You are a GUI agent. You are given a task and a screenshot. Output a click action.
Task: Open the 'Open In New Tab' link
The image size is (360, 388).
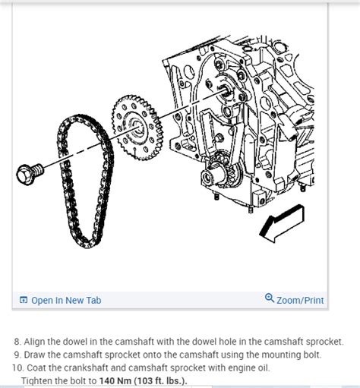65,300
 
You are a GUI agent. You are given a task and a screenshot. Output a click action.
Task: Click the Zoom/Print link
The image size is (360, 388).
301,300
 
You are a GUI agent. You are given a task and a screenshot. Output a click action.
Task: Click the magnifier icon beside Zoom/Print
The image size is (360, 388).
270,298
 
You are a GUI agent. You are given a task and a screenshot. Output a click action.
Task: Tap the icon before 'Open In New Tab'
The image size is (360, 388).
24,300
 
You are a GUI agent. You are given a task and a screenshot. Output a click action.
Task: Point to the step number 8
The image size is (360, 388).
17,342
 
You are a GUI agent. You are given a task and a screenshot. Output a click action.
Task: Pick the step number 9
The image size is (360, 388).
17,355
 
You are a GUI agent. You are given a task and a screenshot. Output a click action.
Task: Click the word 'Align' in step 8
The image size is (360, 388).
36,342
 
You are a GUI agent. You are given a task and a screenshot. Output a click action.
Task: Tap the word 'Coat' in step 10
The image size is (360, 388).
36,367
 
